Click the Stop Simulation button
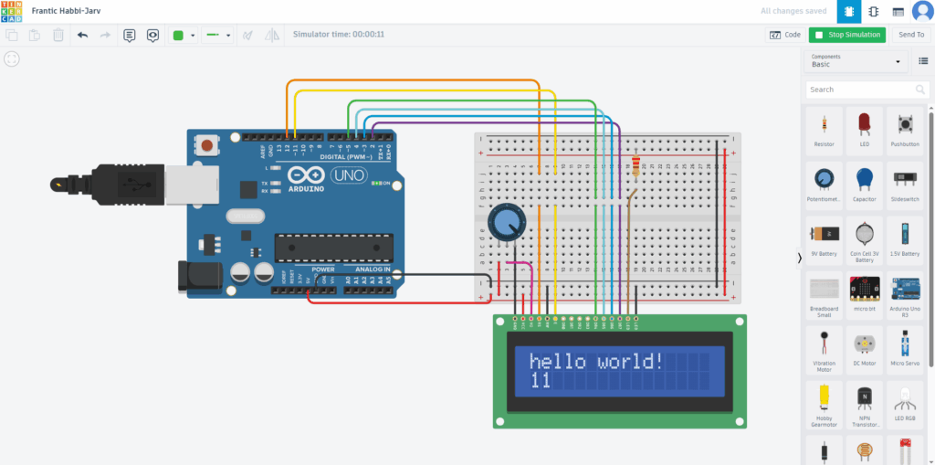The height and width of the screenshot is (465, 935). (x=846, y=35)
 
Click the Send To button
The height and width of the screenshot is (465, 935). (x=910, y=35)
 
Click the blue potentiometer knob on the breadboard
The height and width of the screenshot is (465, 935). (x=506, y=221)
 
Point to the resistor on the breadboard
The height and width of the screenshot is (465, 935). (x=636, y=167)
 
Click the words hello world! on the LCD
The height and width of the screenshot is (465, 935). (x=598, y=362)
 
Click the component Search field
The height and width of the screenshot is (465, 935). (x=867, y=90)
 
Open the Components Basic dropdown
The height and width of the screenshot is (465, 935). (x=856, y=61)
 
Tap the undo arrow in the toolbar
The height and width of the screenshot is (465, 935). (x=83, y=35)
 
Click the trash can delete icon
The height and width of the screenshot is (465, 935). (x=58, y=35)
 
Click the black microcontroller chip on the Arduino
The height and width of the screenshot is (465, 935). (x=334, y=247)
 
